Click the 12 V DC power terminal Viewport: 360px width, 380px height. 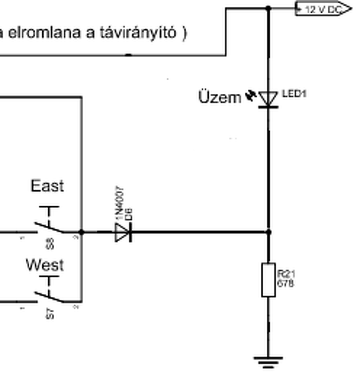pos(323,9)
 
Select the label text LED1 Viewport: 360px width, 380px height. pos(294,94)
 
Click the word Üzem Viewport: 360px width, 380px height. pos(220,98)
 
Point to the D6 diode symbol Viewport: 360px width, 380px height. pos(123,233)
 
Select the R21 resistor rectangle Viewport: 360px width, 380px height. pos(268,280)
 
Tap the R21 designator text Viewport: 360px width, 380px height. pos(286,275)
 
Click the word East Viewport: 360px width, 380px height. pos(47,186)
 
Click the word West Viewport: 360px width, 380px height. pos(45,265)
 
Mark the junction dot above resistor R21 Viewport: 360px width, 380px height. pos(269,232)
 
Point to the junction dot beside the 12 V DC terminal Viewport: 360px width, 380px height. pos(268,8)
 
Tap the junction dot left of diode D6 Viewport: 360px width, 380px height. pos(82,232)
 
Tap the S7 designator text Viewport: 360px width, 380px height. pos(51,314)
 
